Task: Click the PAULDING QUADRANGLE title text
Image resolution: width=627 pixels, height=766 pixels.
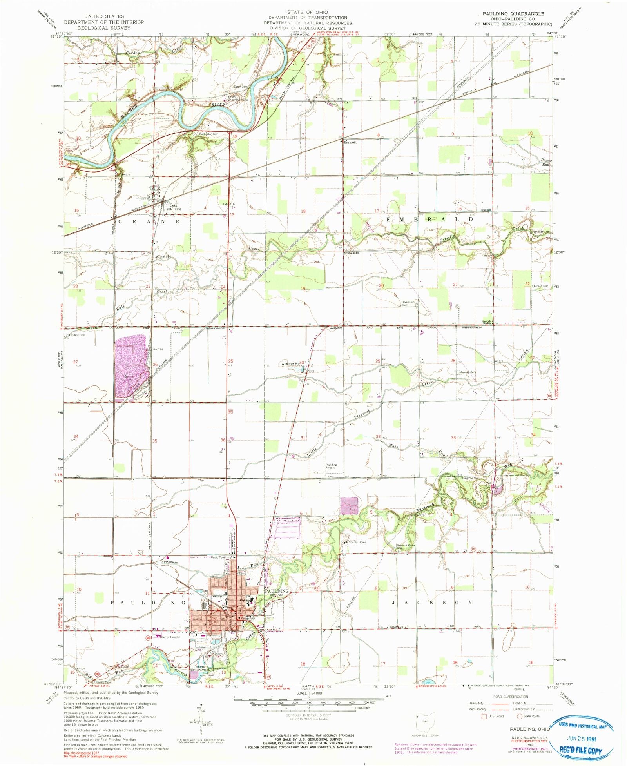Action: pos(513,14)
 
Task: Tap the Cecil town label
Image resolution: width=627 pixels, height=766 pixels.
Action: pos(174,205)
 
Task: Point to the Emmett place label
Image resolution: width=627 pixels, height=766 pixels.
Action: pos(350,143)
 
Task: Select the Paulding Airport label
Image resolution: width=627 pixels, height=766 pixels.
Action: pos(331,466)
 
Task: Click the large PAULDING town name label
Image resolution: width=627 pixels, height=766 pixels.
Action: pos(277,591)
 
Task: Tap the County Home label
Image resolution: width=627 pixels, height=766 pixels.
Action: pos(357,542)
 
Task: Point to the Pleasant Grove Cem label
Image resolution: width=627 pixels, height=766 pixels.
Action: pos(405,546)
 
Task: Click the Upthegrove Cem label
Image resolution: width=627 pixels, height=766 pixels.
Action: pos(469,478)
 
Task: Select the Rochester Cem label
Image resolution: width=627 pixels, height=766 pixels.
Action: pos(208,134)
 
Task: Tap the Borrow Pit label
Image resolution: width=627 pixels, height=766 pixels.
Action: pos(292,364)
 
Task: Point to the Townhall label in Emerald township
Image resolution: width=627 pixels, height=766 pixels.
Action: pos(486,210)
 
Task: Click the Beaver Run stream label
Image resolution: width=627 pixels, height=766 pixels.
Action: pos(546,162)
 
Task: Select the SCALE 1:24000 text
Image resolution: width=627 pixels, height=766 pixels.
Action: pos(309,693)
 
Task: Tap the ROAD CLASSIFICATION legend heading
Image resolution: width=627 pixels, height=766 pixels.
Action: pos(511,697)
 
